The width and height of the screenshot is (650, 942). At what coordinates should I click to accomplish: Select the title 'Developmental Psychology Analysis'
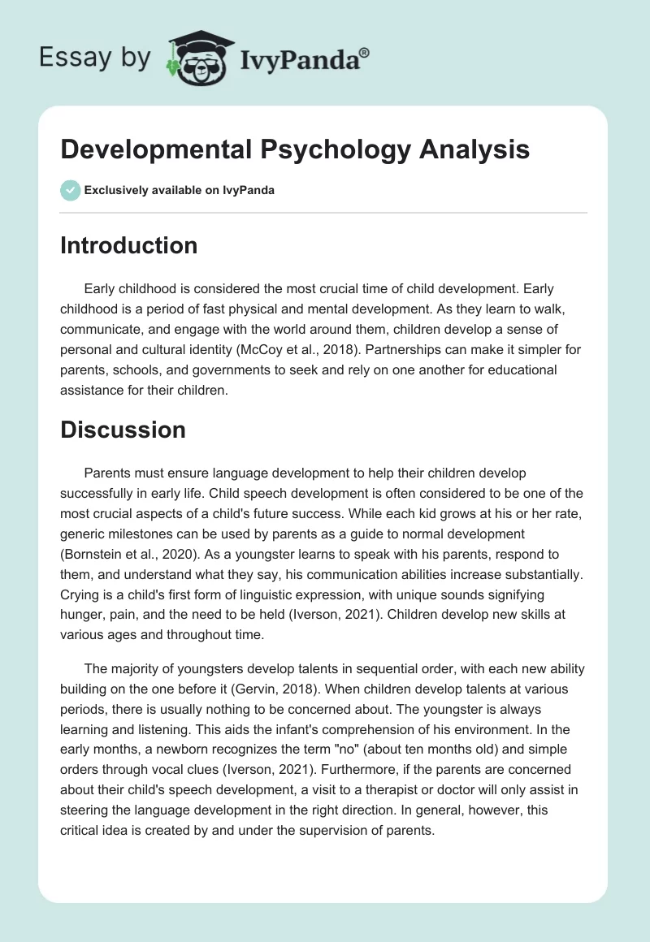tap(295, 149)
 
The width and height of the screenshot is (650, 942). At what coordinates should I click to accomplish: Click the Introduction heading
tap(128, 245)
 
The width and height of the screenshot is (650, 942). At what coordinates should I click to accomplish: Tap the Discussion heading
tap(123, 430)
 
